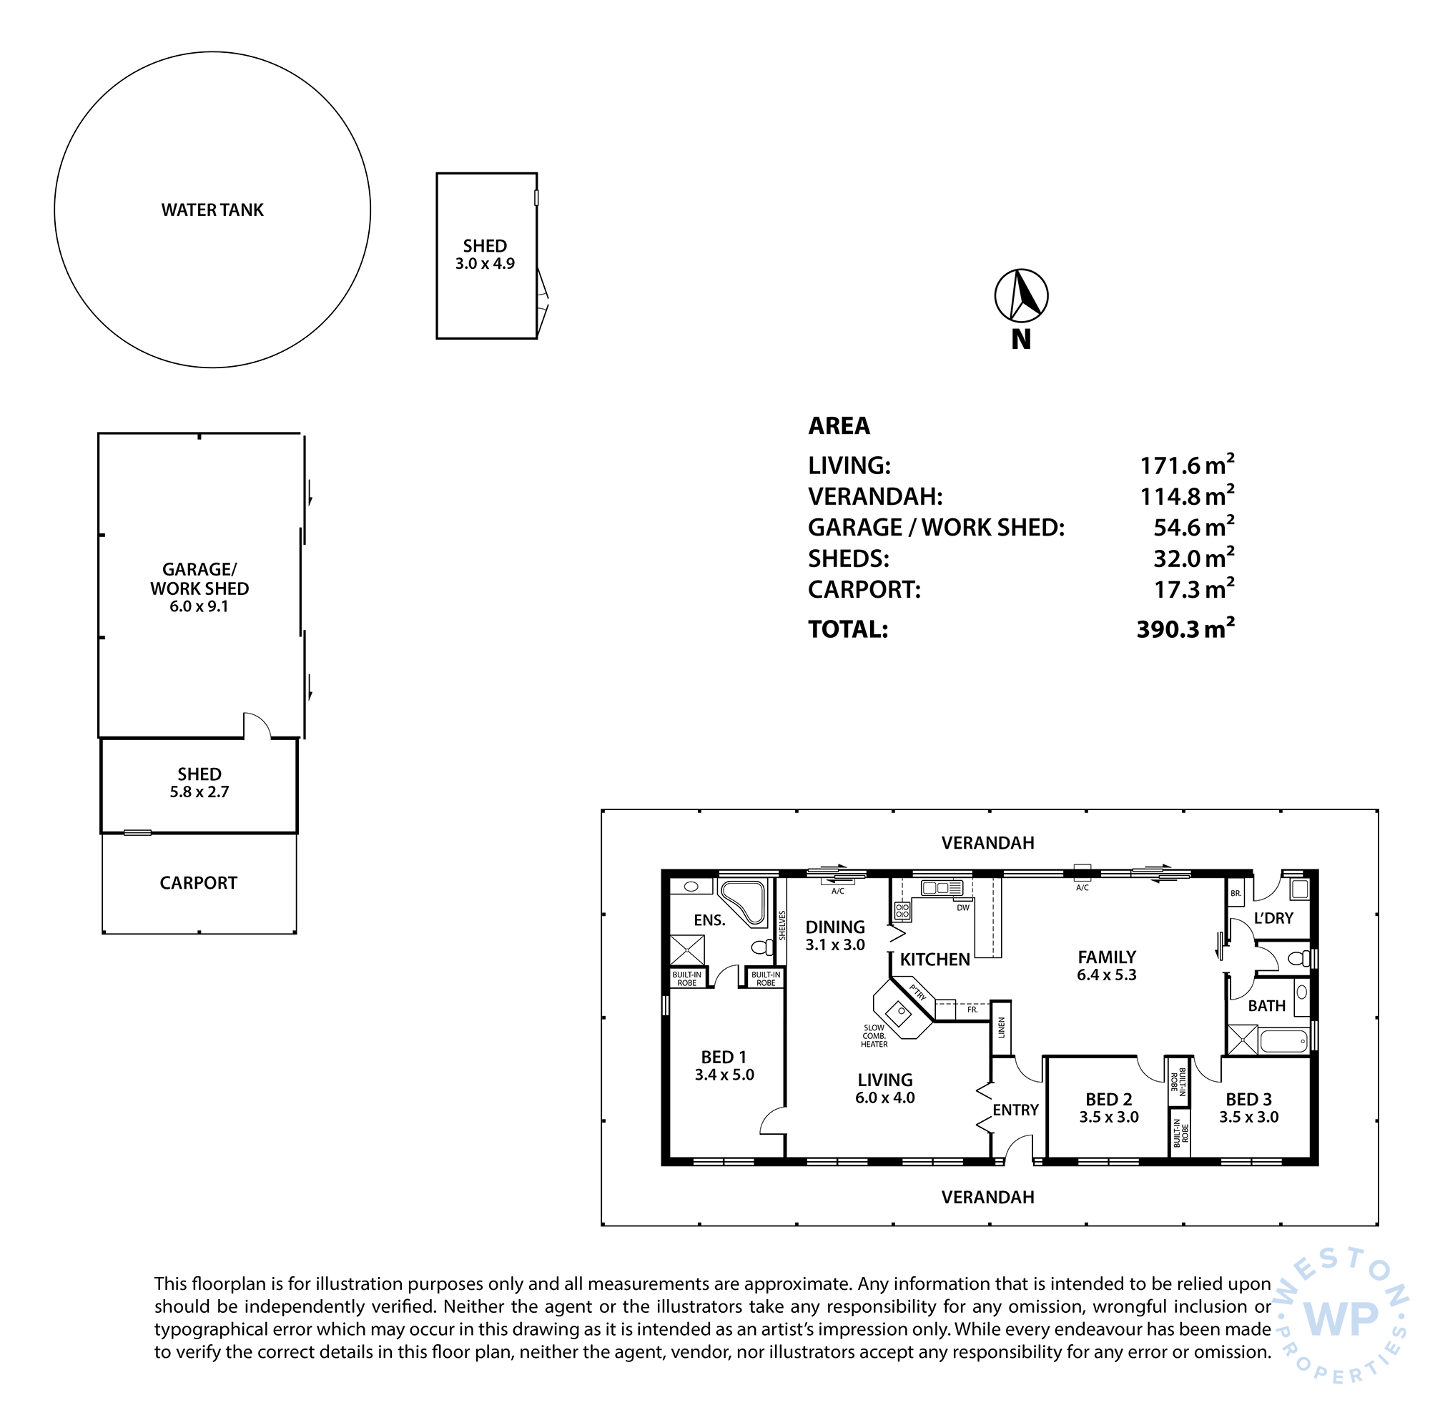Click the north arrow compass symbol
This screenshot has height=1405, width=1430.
(1020, 296)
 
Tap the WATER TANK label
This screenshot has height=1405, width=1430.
(212, 210)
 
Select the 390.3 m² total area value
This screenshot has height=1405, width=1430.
(1185, 628)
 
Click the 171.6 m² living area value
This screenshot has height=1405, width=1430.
(1186, 465)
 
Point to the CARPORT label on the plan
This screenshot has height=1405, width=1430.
(199, 883)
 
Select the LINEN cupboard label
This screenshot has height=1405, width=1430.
(1001, 1027)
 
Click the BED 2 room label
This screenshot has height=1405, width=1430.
(1108, 1100)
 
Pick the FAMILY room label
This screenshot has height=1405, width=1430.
(1107, 957)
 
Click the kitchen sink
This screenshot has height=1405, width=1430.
(942, 888)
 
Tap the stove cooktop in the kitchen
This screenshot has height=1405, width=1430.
(902, 912)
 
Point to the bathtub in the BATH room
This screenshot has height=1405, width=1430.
(1285, 1041)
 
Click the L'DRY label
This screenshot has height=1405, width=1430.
(1273, 918)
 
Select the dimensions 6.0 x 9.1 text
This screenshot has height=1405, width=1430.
(199, 606)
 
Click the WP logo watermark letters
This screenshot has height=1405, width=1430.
(1341, 1318)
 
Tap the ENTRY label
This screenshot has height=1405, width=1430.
(1015, 1110)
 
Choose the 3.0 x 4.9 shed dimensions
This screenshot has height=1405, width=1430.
(485, 264)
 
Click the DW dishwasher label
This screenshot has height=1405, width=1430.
(963, 907)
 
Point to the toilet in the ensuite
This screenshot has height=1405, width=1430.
(762, 947)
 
